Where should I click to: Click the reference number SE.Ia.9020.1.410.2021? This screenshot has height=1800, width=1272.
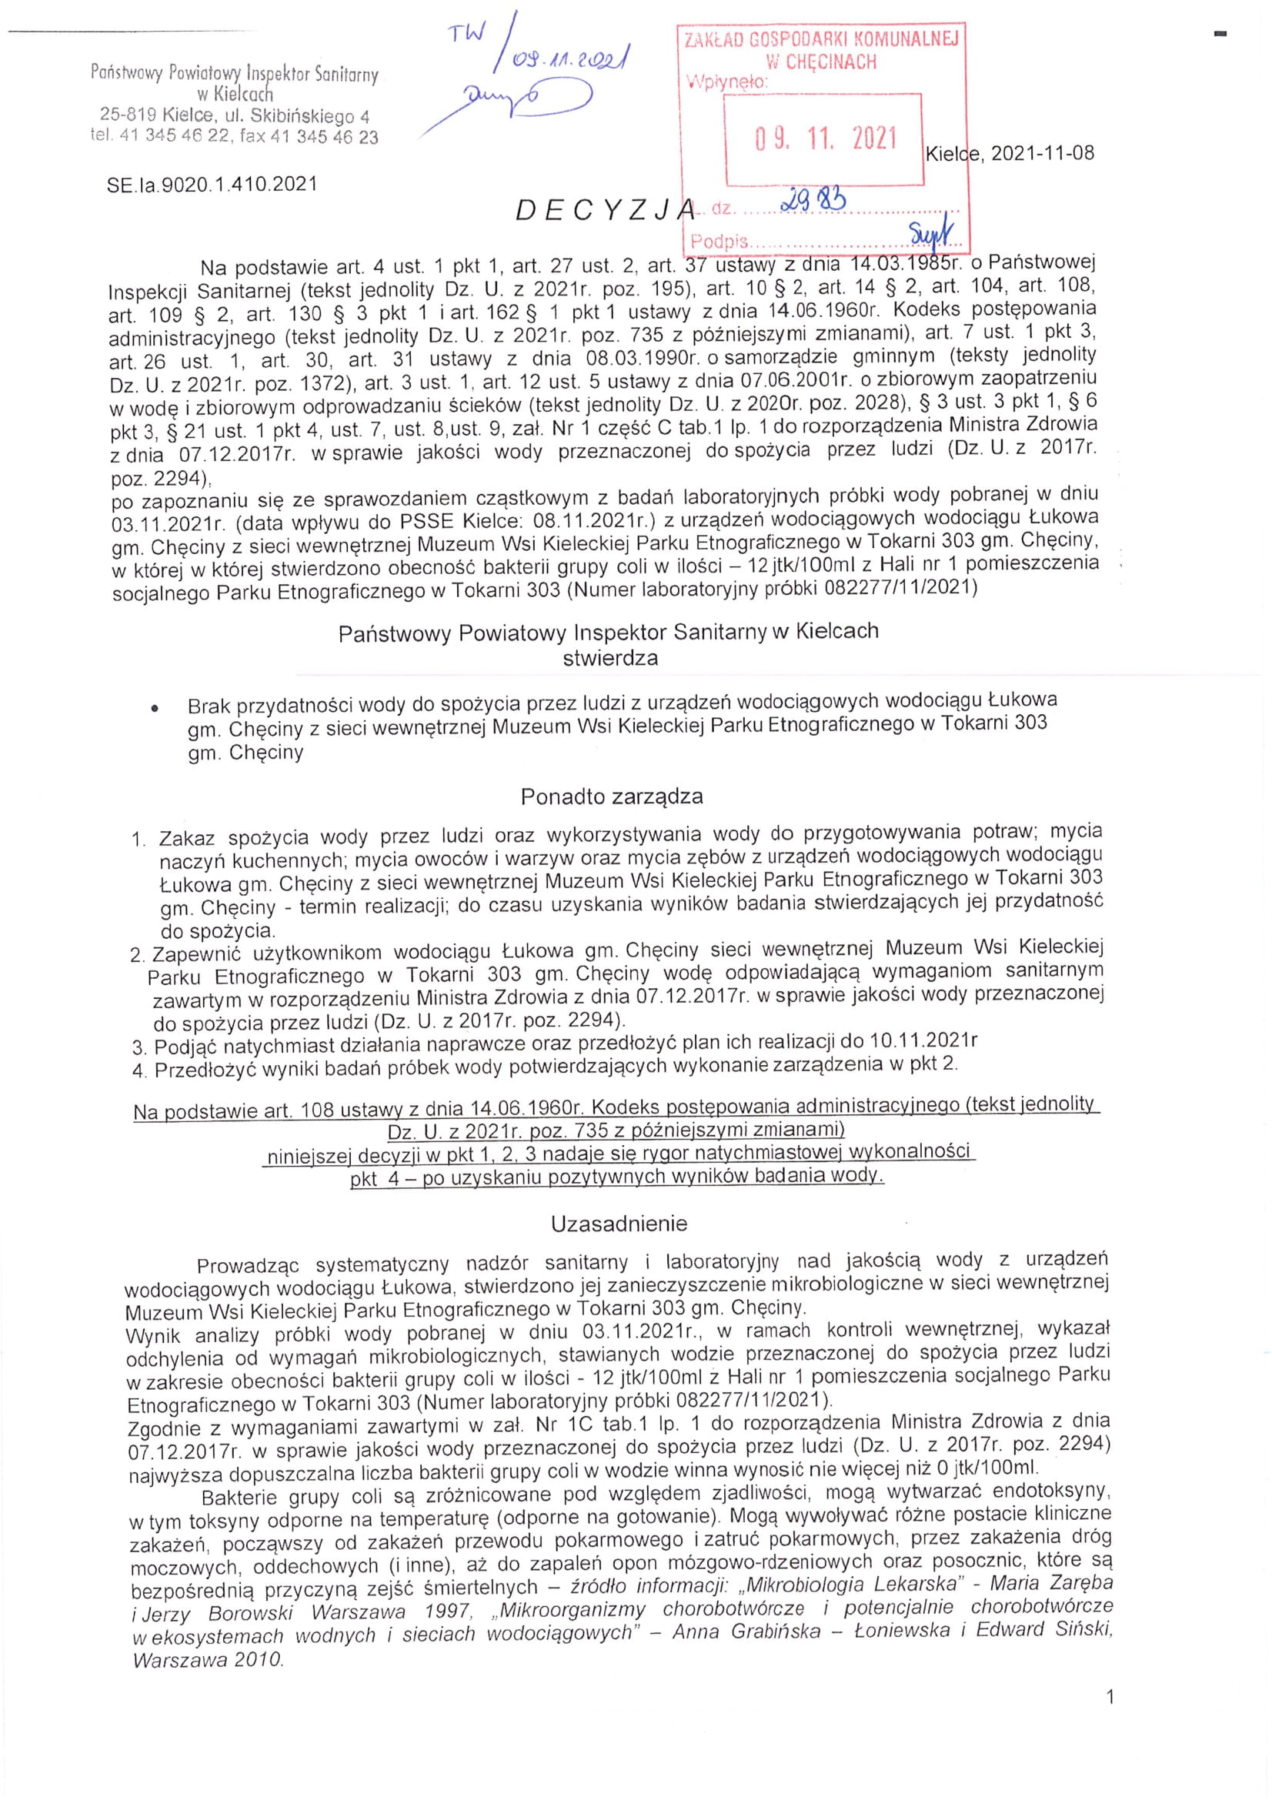point(212,185)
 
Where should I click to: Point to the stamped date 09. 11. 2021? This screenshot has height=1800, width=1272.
point(825,139)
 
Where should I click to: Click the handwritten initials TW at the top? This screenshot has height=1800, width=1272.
point(467,33)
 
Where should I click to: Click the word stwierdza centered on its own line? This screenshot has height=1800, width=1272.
point(609,659)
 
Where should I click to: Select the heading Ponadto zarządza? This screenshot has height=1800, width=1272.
point(611,796)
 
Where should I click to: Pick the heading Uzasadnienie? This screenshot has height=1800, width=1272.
point(619,1224)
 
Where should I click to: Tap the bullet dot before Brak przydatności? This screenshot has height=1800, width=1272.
point(156,708)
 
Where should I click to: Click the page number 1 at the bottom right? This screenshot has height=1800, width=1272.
point(1109,1698)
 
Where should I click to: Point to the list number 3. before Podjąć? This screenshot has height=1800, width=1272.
point(139,1048)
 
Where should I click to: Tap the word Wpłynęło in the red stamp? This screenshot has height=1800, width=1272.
point(726,82)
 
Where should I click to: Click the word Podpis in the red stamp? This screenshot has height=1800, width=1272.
point(719,242)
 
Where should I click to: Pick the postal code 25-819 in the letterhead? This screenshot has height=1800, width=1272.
point(128,115)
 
